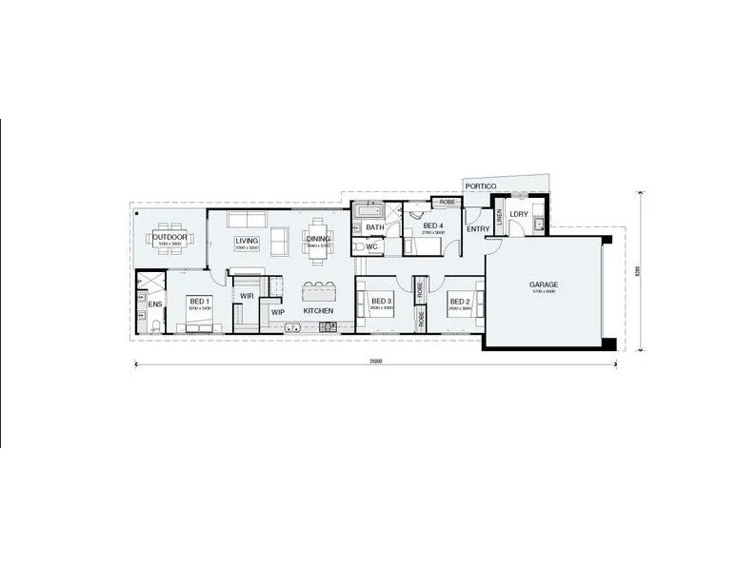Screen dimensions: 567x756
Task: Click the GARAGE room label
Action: [543, 284]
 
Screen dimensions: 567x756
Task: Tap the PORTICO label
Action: [480, 186]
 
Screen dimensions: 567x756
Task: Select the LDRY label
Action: [519, 214]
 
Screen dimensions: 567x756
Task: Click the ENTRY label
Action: [478, 228]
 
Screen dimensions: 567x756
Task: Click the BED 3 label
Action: [381, 301]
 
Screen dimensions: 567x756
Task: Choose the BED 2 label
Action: [461, 301]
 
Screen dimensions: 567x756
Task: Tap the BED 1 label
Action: [199, 301]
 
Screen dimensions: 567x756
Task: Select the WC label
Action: [372, 246]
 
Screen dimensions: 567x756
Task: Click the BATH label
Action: [375, 227]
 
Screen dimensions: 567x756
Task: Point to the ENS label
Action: [154, 304]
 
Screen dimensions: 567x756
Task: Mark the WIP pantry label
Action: [278, 311]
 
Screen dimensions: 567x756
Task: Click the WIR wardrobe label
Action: [247, 295]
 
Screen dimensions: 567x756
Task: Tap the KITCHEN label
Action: [318, 311]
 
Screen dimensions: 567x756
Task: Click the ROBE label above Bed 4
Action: [447, 203]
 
